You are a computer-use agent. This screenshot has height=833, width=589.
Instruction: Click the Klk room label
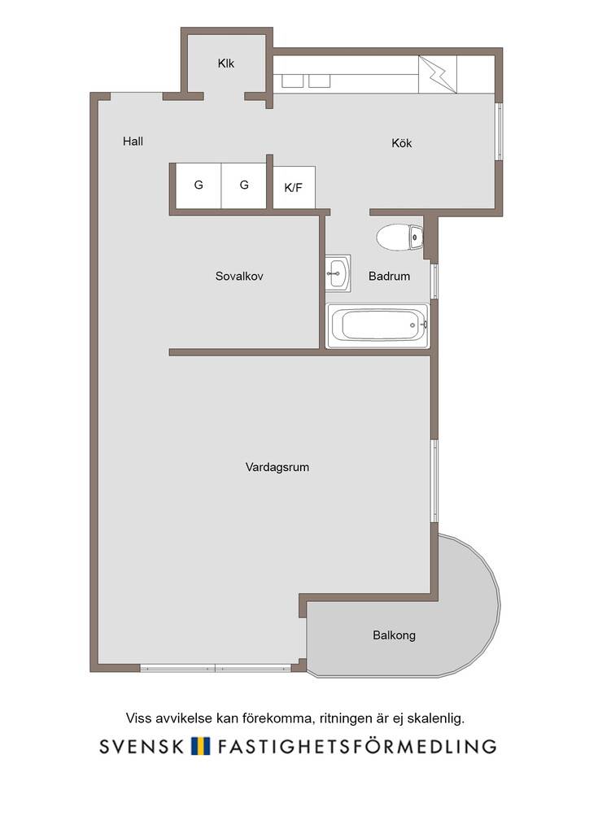point(225,63)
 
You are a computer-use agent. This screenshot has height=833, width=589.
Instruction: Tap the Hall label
point(133,142)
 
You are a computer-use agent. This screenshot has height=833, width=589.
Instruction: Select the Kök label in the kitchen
point(402,143)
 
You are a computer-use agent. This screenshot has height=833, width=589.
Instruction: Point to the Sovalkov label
point(239,277)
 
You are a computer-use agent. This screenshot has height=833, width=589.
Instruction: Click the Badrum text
point(390,277)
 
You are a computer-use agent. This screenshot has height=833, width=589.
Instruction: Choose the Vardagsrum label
point(277,468)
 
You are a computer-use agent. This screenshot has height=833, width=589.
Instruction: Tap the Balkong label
point(394,635)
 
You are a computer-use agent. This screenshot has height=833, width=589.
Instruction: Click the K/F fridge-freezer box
point(294,188)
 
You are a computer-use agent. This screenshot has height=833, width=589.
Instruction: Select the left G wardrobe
point(199,185)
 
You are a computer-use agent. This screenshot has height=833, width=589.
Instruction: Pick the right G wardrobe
point(244,185)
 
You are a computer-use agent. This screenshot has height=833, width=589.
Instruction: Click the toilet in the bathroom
point(399,237)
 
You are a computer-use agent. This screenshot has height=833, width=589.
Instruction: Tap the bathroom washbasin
point(338,273)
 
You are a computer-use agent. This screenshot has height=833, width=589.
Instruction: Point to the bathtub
point(377,325)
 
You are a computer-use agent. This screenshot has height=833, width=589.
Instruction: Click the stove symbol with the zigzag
point(438,74)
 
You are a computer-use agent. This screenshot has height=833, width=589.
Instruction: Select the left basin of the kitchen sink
point(293,81)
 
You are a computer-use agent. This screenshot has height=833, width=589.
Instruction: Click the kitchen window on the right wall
point(500,131)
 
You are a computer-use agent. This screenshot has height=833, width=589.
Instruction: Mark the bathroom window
point(435,281)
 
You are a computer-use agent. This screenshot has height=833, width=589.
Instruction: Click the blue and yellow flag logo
point(200,747)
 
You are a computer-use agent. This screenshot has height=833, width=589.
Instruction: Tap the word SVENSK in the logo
point(142,747)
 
